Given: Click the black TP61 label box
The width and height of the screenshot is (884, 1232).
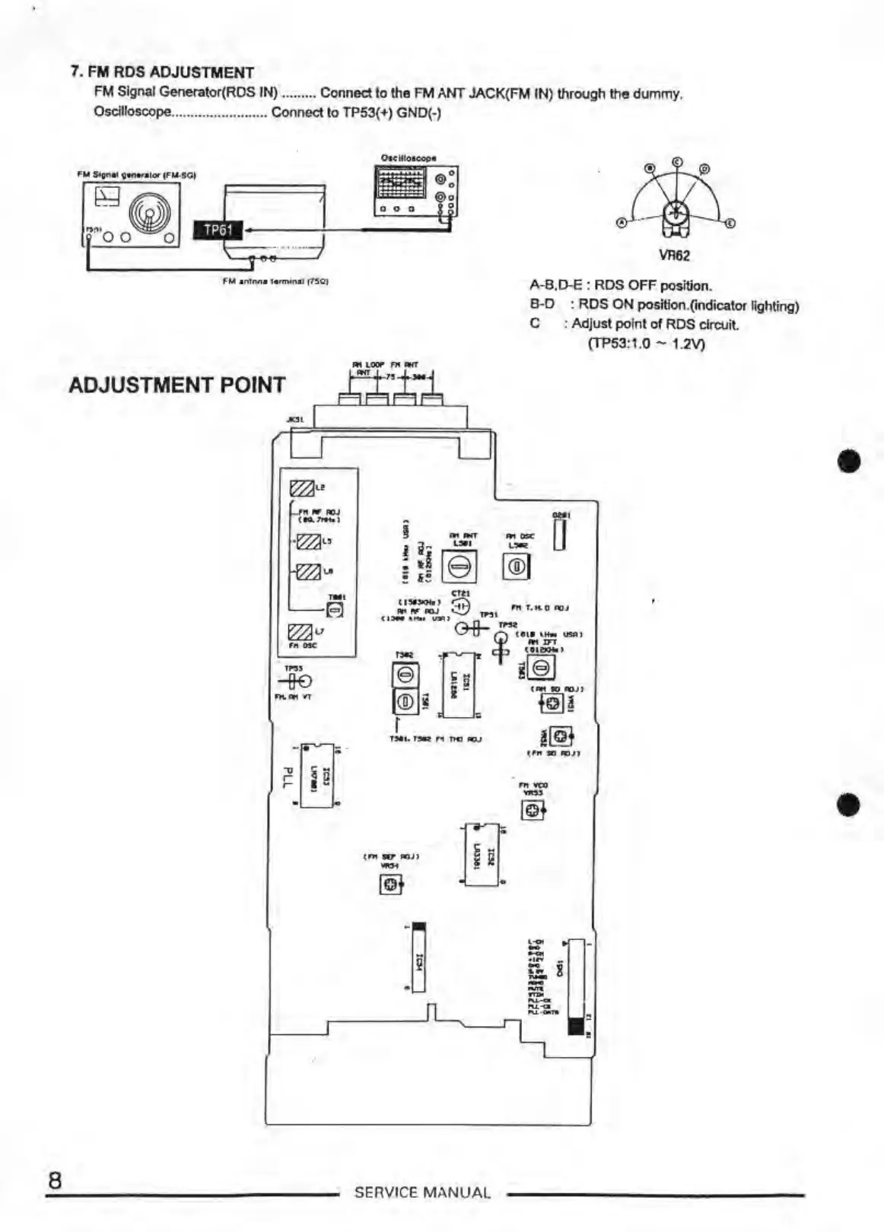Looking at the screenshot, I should point(218,230).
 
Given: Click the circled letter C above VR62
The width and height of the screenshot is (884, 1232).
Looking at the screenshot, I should point(676,161).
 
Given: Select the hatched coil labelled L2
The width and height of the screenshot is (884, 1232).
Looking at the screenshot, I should point(302,487).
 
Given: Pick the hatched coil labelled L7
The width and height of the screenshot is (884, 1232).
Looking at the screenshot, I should point(300,632).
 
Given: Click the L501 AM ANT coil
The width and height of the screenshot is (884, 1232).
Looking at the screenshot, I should point(459,566).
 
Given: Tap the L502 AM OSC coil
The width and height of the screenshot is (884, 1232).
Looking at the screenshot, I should point(517,567).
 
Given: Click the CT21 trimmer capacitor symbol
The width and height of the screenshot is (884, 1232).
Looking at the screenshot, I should point(460,606).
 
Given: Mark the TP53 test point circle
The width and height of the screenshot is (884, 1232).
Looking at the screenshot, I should point(305,681).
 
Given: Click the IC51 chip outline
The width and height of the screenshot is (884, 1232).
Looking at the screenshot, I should point(458,684).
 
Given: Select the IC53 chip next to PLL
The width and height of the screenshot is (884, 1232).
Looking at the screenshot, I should point(317,775).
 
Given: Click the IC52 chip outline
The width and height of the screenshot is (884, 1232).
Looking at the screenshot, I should point(482,855).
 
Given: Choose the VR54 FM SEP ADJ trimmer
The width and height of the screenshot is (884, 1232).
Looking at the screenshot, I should point(390,884).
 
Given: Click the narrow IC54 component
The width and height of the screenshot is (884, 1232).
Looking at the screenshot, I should point(418,957).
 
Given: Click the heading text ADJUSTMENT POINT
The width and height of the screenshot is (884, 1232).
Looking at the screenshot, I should point(176,385).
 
